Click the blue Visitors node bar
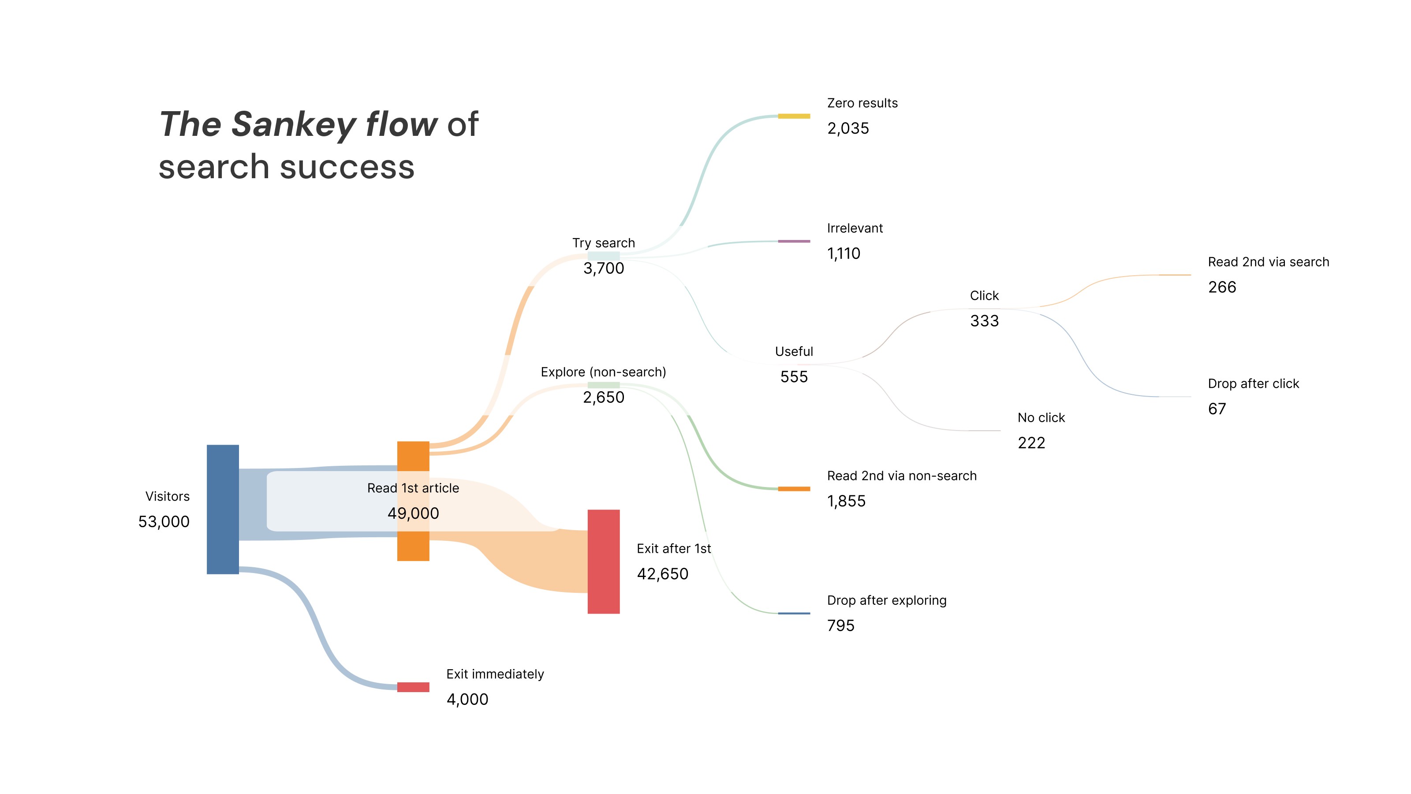(222, 509)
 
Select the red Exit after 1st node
(603, 561)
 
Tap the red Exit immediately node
(413, 687)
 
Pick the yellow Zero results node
(794, 116)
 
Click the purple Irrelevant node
(794, 241)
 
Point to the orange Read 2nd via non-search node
(794, 489)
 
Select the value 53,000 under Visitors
(164, 522)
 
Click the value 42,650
(662, 574)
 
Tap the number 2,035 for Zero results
(848, 128)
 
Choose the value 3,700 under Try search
(604, 269)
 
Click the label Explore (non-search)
(603, 372)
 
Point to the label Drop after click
(1253, 384)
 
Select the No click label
(1041, 418)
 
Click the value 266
(1222, 287)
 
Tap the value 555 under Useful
(794, 377)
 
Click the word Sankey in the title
(294, 124)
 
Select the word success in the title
(347, 167)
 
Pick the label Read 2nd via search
(1268, 262)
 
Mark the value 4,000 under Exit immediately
(467, 699)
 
